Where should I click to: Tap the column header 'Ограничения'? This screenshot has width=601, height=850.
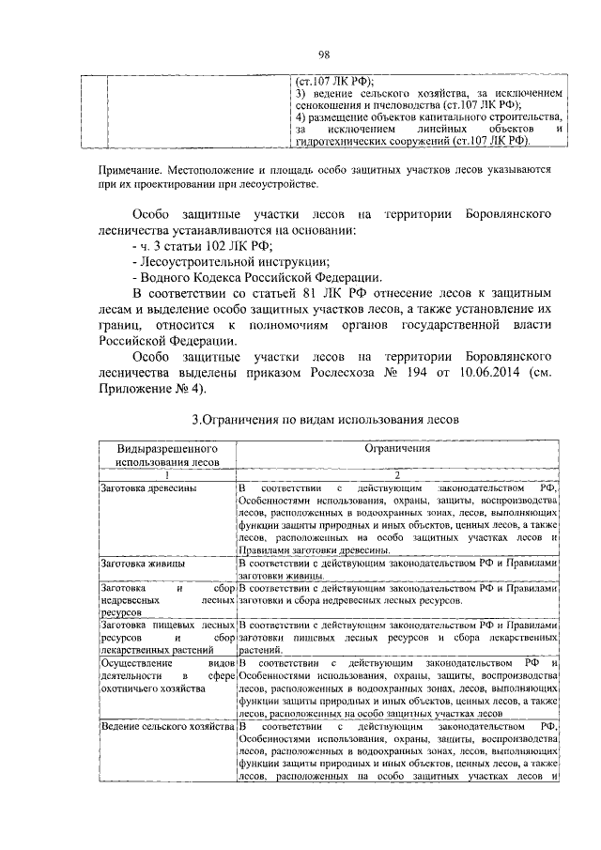pyautogui.click(x=397, y=449)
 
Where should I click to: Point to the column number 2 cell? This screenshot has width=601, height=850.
pyautogui.click(x=397, y=475)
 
